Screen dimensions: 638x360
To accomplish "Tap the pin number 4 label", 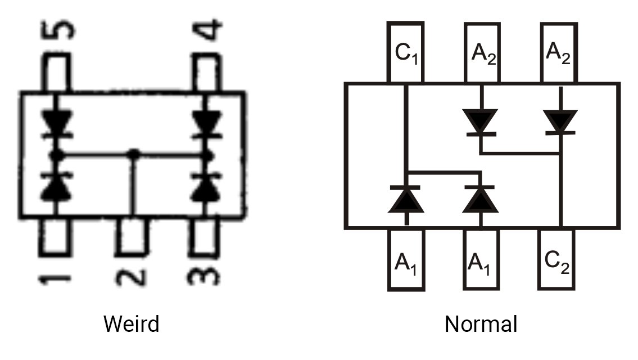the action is point(207,30).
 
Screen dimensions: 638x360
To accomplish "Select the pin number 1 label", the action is point(55,280).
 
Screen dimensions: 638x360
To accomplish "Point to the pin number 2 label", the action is point(131,277).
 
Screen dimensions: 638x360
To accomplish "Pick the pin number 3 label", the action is point(203,277).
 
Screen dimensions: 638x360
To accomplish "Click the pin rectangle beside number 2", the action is point(132,237).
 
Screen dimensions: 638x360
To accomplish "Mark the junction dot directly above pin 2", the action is point(133,154).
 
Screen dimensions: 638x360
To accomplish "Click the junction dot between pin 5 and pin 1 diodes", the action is point(56,155).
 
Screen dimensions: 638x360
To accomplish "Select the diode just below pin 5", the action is point(57,124).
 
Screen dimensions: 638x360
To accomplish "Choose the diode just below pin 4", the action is point(207,124).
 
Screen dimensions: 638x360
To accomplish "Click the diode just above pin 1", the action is point(56,186).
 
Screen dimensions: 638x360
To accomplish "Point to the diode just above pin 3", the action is point(206,186).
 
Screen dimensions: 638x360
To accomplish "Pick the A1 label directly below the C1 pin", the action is point(406,264).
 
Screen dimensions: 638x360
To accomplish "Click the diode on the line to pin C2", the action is point(560,121).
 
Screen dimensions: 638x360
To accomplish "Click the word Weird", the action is point(131,324).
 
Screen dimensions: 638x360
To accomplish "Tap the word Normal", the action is point(481,324).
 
